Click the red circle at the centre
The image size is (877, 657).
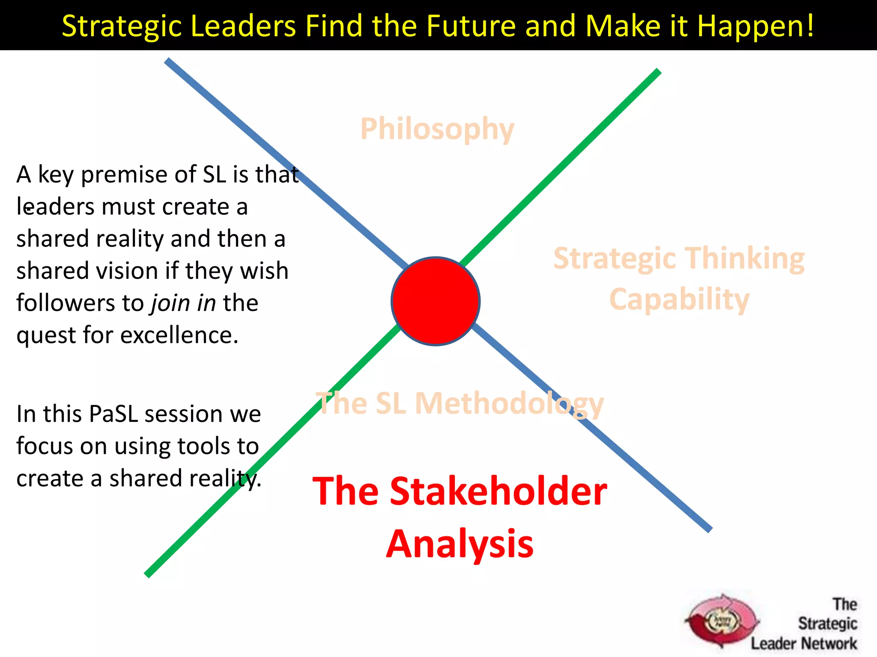click(x=436, y=301)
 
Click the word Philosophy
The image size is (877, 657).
click(x=437, y=129)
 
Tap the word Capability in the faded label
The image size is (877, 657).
click(x=679, y=299)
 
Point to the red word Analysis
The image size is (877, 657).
click(x=460, y=544)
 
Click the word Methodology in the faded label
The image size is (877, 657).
click(x=509, y=404)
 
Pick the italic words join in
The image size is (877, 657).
click(x=183, y=303)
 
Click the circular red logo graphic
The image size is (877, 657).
click(x=722, y=621)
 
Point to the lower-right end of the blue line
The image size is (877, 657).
click(x=709, y=530)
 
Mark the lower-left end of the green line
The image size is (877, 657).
click(x=147, y=575)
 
